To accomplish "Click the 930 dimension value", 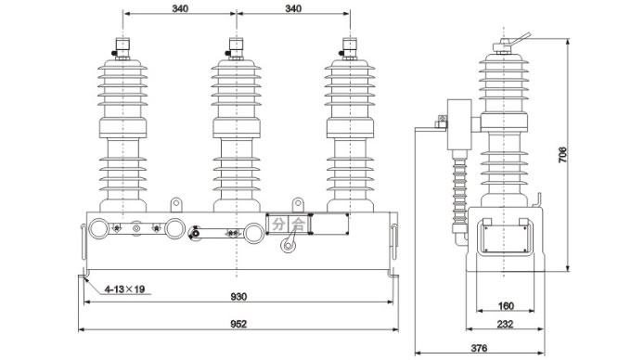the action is click(238, 297).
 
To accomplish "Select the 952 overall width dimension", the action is click(238, 324).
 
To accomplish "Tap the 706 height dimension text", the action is click(562, 155).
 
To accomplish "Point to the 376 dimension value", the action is click(479, 348).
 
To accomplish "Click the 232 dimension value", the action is click(505, 324).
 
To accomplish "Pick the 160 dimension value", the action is click(506, 306).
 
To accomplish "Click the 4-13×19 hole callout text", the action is click(124, 289).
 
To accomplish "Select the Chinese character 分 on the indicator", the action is click(278, 224).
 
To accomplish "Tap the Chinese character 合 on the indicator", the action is click(298, 224).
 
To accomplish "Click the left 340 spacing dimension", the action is click(180, 8).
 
